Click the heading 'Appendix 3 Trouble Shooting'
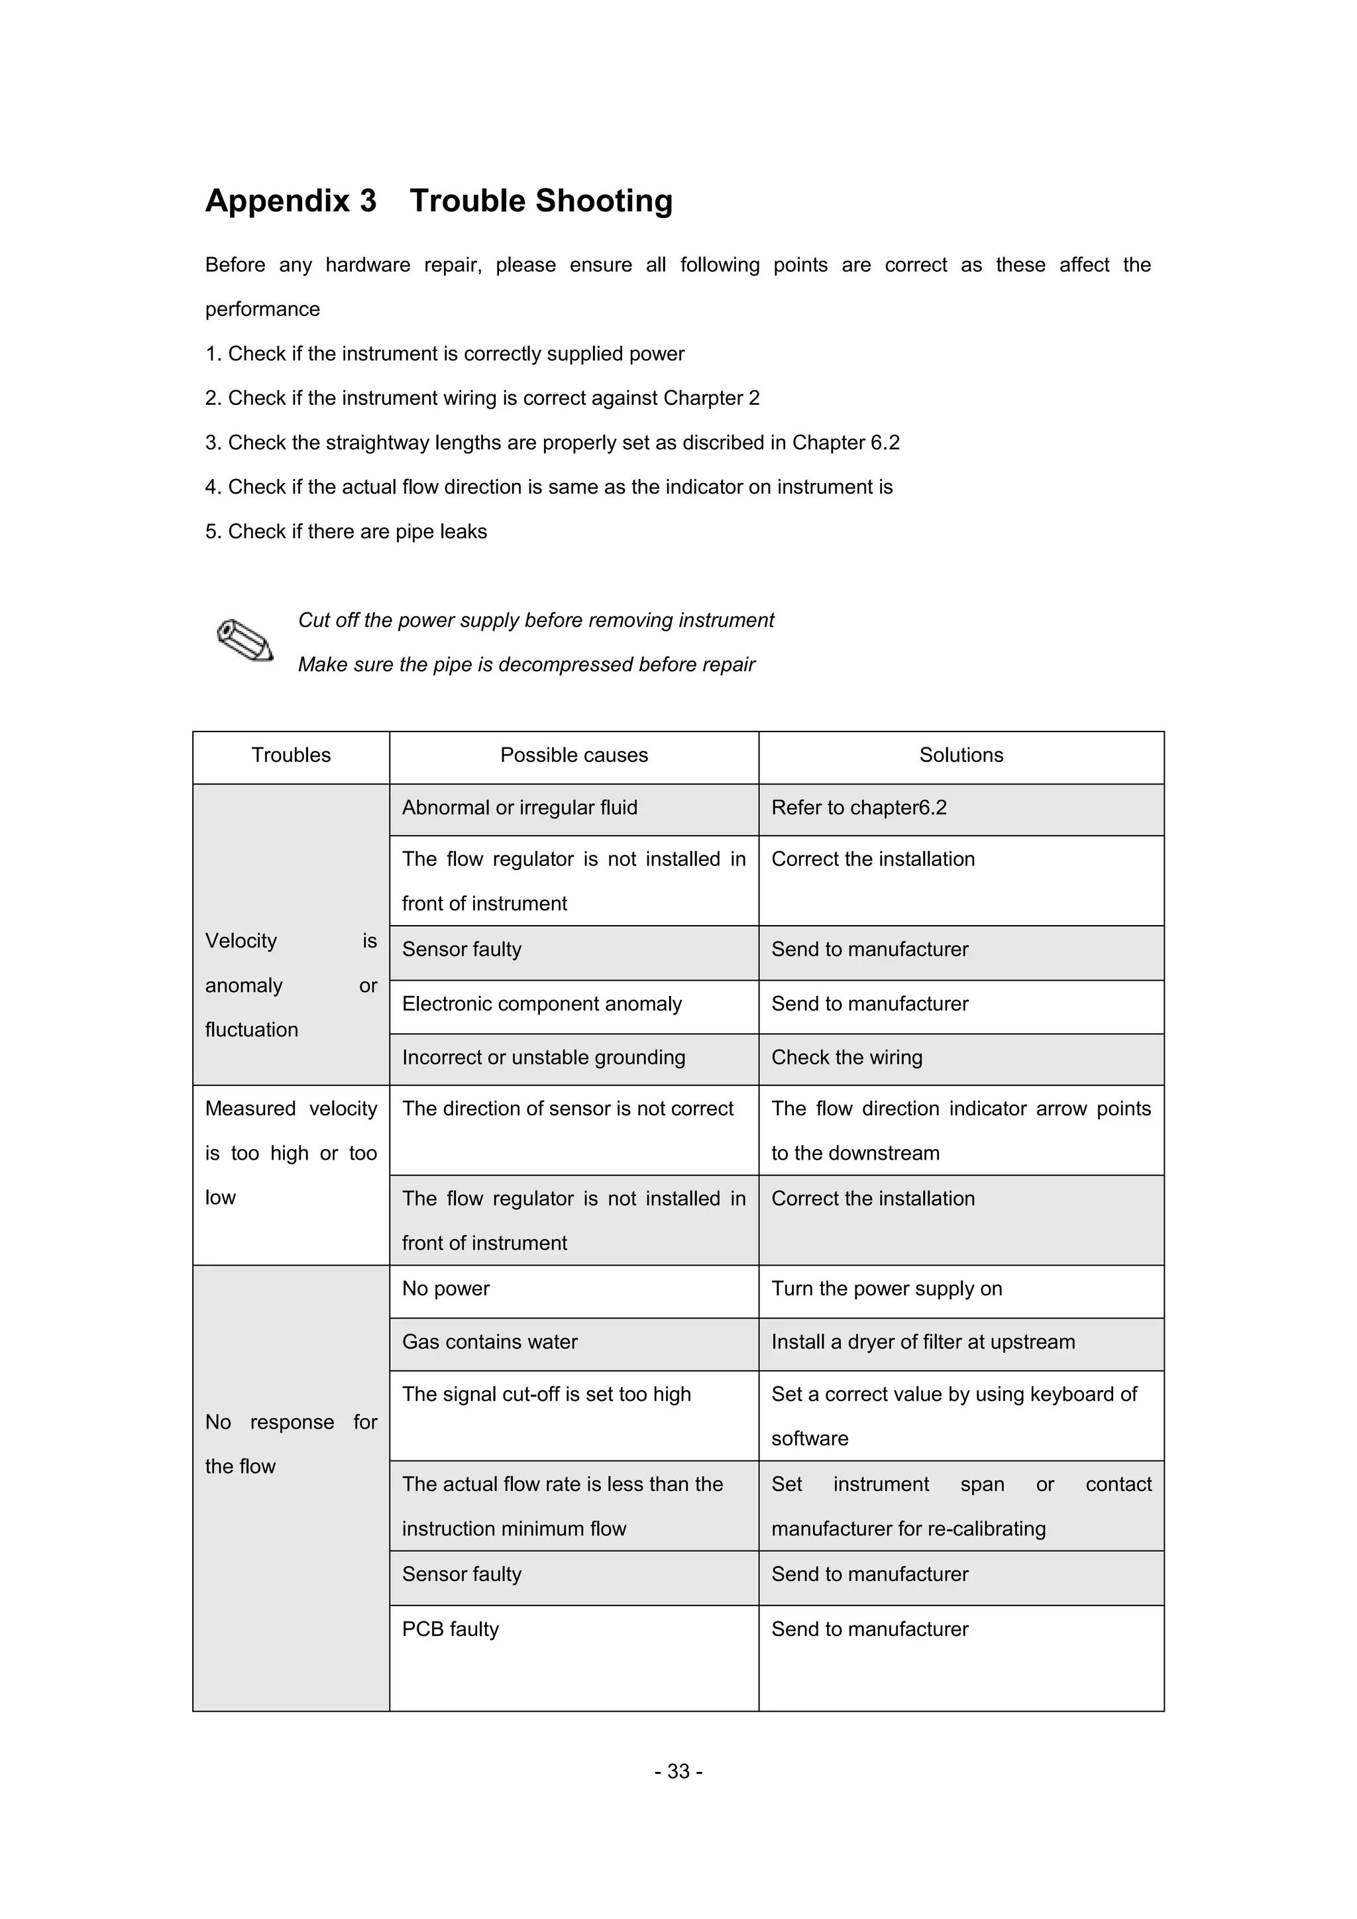tap(439, 201)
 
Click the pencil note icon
tap(244, 642)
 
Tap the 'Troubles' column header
tap(291, 755)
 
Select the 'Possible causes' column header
tap(574, 755)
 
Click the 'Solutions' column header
tap(961, 755)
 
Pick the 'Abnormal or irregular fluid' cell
tap(519, 808)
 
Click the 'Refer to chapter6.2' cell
tap(859, 808)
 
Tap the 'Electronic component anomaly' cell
tap(541, 1004)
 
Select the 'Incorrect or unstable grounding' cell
tap(543, 1058)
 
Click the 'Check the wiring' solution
tap(846, 1058)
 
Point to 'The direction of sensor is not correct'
tap(567, 1109)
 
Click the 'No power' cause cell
tap(445, 1289)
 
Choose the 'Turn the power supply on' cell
tap(887, 1289)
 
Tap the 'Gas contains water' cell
tap(490, 1343)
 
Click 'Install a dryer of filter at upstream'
tap(923, 1343)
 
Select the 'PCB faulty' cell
tap(451, 1630)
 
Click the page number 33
tap(678, 1772)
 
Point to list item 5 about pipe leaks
tap(346, 531)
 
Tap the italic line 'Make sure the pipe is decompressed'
tap(526, 665)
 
